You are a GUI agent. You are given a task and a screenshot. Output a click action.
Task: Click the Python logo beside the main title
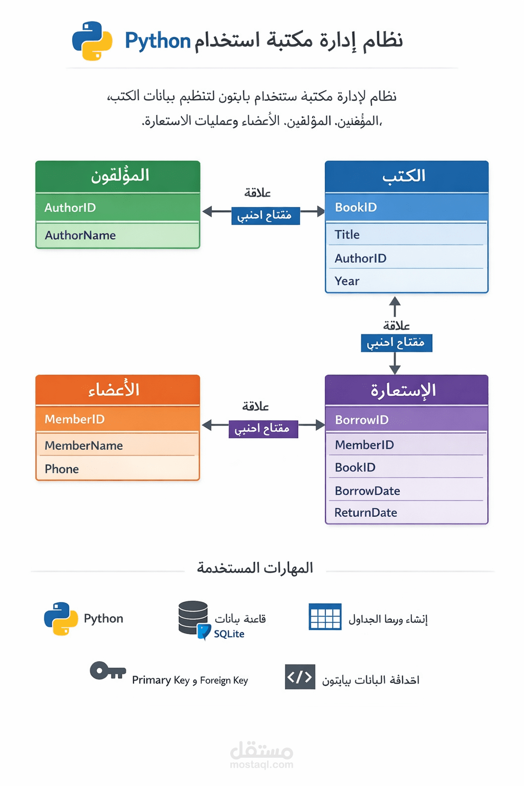tap(92, 41)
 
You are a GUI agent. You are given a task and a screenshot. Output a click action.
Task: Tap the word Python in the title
tap(158, 41)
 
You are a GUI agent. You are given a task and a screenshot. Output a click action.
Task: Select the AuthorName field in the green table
tap(80, 235)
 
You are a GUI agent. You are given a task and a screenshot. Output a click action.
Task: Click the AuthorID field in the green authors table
tap(70, 208)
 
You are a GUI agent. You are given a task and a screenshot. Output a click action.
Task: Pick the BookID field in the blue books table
tap(356, 207)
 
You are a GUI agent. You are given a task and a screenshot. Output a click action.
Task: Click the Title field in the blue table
tap(347, 235)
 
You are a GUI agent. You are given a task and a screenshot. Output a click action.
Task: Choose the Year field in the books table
tap(347, 281)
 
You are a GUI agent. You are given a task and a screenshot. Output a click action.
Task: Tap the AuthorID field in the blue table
tap(360, 258)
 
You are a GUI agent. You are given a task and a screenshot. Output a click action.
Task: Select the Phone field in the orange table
tap(62, 469)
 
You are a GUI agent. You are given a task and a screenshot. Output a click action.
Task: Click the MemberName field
tap(83, 446)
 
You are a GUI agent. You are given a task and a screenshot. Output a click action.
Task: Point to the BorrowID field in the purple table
tap(361, 420)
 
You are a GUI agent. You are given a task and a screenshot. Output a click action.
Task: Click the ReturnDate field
tap(365, 513)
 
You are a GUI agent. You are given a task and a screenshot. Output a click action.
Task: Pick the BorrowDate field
tap(367, 491)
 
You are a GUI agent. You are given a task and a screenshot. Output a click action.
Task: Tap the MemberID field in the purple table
tap(364, 445)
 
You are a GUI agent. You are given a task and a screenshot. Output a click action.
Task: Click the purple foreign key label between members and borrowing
tap(263, 428)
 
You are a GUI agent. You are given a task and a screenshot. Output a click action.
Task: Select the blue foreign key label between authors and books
tap(265, 215)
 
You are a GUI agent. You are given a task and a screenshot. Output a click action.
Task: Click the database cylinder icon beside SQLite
tap(193, 618)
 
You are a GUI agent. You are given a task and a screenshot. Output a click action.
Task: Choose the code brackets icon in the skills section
tap(300, 677)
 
